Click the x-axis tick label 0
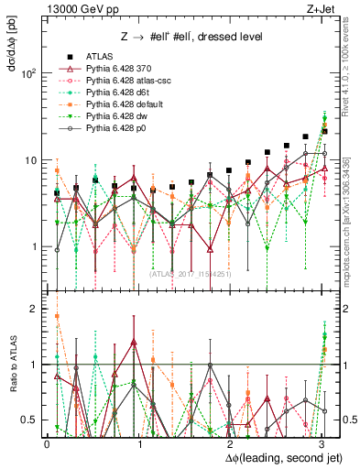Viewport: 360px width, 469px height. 47,443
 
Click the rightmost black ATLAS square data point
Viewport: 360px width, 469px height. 324,131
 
